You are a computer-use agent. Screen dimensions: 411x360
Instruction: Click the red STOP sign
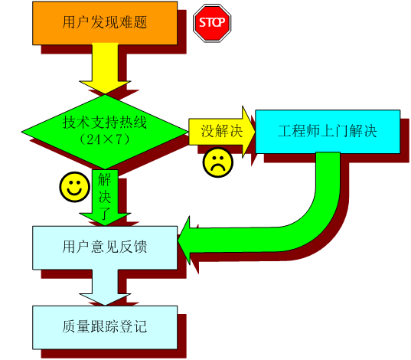[212, 23]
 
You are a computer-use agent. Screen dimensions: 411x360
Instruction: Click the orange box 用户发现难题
[105, 23]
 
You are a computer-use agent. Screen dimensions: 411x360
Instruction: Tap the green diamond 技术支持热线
[105, 132]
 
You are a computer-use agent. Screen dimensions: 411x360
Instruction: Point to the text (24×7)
[105, 139]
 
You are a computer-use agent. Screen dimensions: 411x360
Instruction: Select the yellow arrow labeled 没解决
[222, 131]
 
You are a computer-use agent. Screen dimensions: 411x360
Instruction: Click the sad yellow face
[218, 162]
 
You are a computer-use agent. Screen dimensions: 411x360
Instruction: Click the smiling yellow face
[75, 187]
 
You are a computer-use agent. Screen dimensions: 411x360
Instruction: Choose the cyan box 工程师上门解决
[328, 132]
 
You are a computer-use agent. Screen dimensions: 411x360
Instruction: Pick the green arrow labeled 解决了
[105, 198]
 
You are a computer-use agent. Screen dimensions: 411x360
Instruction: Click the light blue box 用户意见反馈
[105, 247]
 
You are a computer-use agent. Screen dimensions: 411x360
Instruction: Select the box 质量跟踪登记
[105, 328]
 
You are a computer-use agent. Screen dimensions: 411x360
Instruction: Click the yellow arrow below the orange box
[105, 69]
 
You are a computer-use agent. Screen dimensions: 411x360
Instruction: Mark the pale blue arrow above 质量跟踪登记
[105, 287]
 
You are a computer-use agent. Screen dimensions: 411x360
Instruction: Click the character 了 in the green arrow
[105, 213]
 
